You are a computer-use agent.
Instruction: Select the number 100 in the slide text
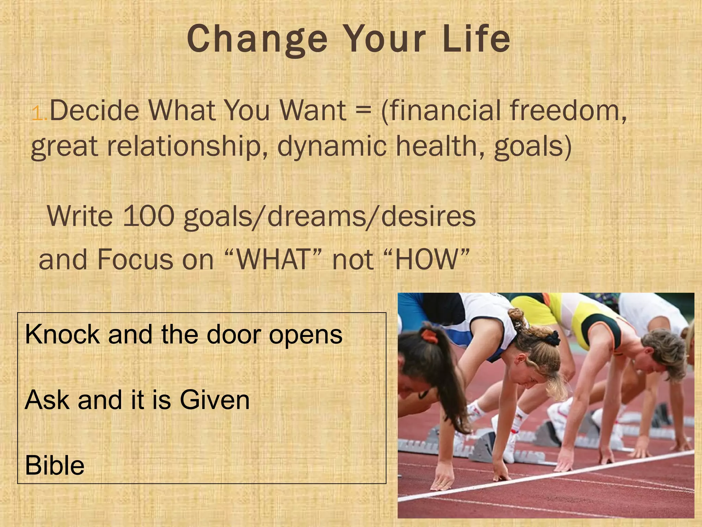(148, 216)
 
